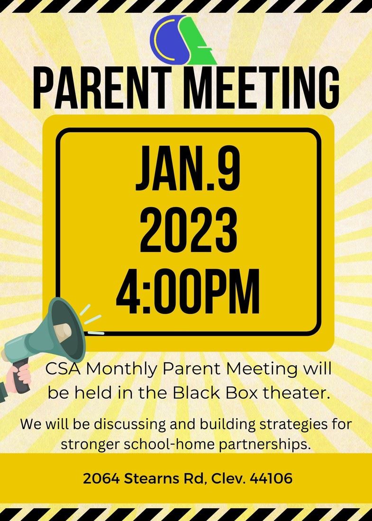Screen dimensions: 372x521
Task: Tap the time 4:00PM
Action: coord(188,292)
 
